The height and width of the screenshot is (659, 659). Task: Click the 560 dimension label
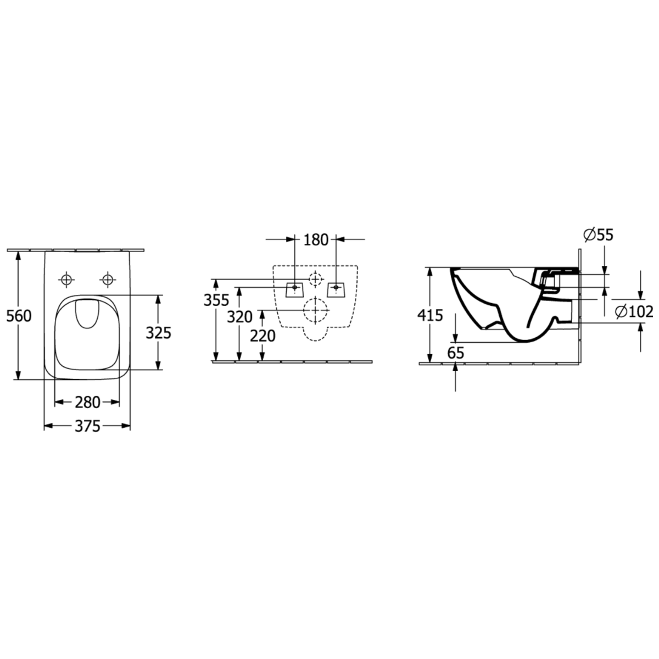click(x=19, y=316)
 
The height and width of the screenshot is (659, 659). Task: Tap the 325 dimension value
click(x=158, y=333)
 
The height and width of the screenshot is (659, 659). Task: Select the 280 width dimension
click(x=87, y=403)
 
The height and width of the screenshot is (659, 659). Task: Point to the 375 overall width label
click(x=87, y=426)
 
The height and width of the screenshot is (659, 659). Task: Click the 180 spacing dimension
click(x=316, y=240)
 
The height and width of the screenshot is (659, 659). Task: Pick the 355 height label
click(x=216, y=300)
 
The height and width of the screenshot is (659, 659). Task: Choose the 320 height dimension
click(x=240, y=317)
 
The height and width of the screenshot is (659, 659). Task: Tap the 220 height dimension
click(x=263, y=336)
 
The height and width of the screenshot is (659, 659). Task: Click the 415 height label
click(x=430, y=315)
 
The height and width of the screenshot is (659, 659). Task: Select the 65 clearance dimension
click(x=455, y=353)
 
